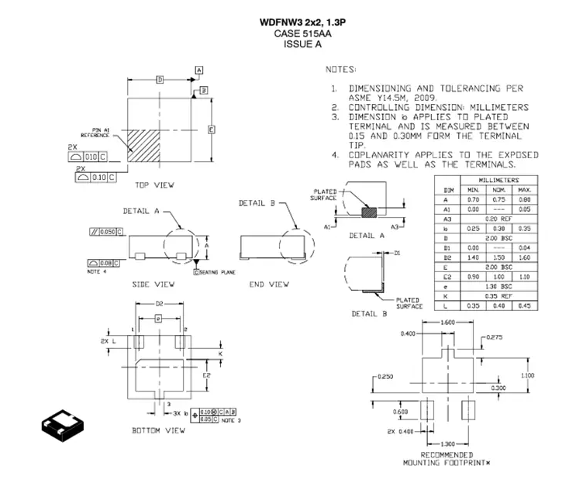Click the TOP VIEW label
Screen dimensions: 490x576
[154, 185]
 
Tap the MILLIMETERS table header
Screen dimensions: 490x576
[498, 180]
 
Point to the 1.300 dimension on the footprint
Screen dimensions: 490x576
[447, 442]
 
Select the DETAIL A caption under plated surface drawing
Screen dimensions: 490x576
[363, 235]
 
